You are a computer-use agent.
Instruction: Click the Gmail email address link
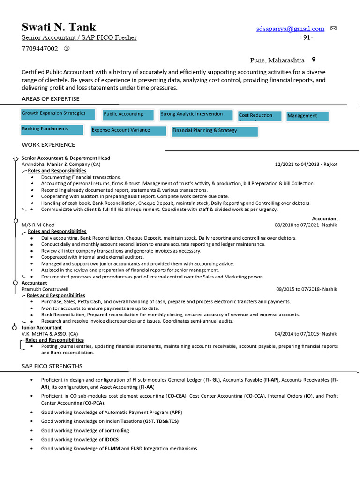[x=290, y=29]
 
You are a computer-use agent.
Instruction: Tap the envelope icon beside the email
[x=334, y=29]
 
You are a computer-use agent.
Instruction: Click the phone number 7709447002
[x=40, y=49]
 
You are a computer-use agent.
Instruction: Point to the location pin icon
[x=314, y=60]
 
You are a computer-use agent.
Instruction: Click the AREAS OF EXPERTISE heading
[x=51, y=99]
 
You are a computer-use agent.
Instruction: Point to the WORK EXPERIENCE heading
[x=48, y=145]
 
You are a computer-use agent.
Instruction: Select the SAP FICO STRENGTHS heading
[x=52, y=366]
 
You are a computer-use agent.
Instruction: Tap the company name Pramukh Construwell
[x=45, y=289]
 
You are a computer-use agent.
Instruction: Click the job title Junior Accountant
[x=42, y=327]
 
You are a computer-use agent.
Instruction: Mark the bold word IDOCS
[x=112, y=439]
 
